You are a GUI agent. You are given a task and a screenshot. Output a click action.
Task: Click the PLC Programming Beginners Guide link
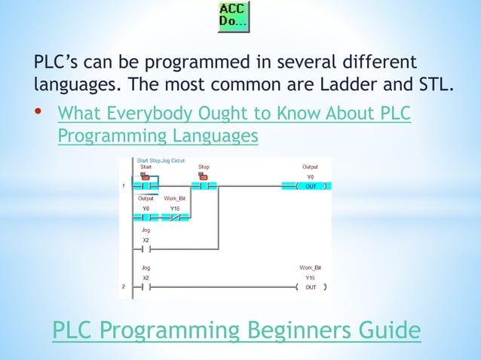click(x=236, y=330)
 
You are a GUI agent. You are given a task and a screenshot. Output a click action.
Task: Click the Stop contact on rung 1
click(x=204, y=185)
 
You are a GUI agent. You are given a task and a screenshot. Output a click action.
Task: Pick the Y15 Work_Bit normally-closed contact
click(x=175, y=218)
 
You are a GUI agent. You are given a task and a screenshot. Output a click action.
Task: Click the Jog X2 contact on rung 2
click(x=146, y=287)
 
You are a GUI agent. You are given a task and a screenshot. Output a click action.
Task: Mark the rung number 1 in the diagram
click(x=124, y=186)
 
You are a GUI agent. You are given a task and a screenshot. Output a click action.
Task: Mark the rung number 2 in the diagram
click(x=124, y=287)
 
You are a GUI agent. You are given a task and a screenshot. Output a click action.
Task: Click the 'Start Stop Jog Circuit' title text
click(x=161, y=160)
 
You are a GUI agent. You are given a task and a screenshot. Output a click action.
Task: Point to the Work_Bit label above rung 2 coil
click(x=311, y=267)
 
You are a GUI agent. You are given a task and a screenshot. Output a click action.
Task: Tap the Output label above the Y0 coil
click(x=311, y=166)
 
